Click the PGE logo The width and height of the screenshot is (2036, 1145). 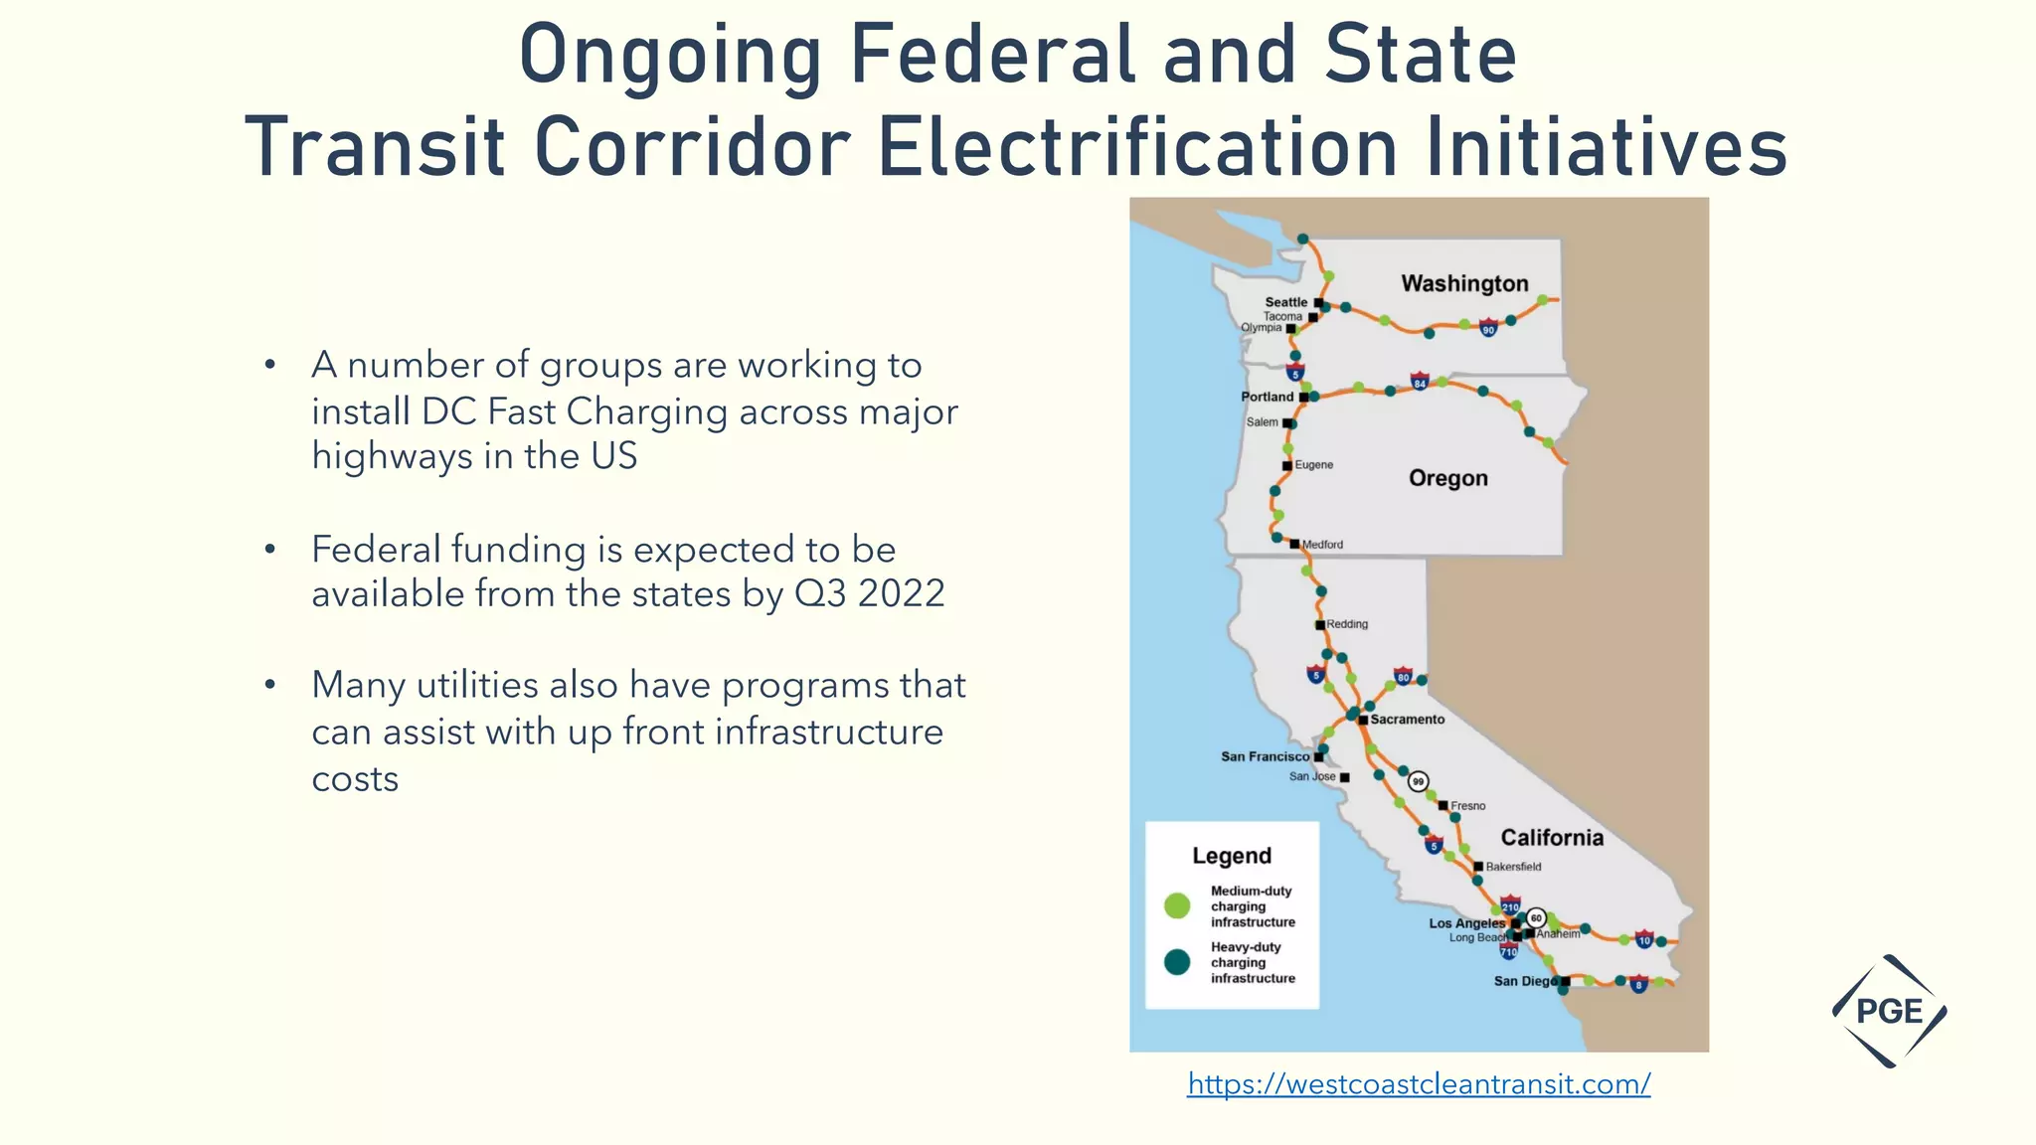tap(1889, 1011)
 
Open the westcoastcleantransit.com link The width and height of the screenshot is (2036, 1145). tap(1419, 1083)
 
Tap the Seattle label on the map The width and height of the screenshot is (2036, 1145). tap(1285, 302)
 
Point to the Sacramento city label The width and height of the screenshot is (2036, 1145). tap(1407, 719)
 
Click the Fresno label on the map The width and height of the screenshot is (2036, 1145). tap(1467, 806)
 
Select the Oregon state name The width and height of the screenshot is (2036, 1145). tap(1447, 478)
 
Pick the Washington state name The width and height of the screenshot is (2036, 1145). tap(1464, 283)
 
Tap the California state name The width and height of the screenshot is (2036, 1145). tap(1551, 837)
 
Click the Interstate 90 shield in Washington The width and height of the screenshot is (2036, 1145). tap(1488, 329)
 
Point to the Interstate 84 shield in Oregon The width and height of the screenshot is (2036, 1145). tap(1420, 382)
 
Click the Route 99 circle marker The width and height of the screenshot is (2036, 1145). tap(1419, 781)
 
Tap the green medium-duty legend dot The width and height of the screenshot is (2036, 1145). tap(1177, 905)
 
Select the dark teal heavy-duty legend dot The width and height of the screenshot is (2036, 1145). tap(1177, 962)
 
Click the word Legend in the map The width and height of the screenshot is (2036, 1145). tap(1232, 856)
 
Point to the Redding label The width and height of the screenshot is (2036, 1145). tap(1347, 624)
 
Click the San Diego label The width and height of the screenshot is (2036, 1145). tap(1525, 981)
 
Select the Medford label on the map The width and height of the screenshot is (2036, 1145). tap(1322, 545)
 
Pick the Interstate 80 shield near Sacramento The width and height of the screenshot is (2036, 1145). tap(1403, 676)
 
